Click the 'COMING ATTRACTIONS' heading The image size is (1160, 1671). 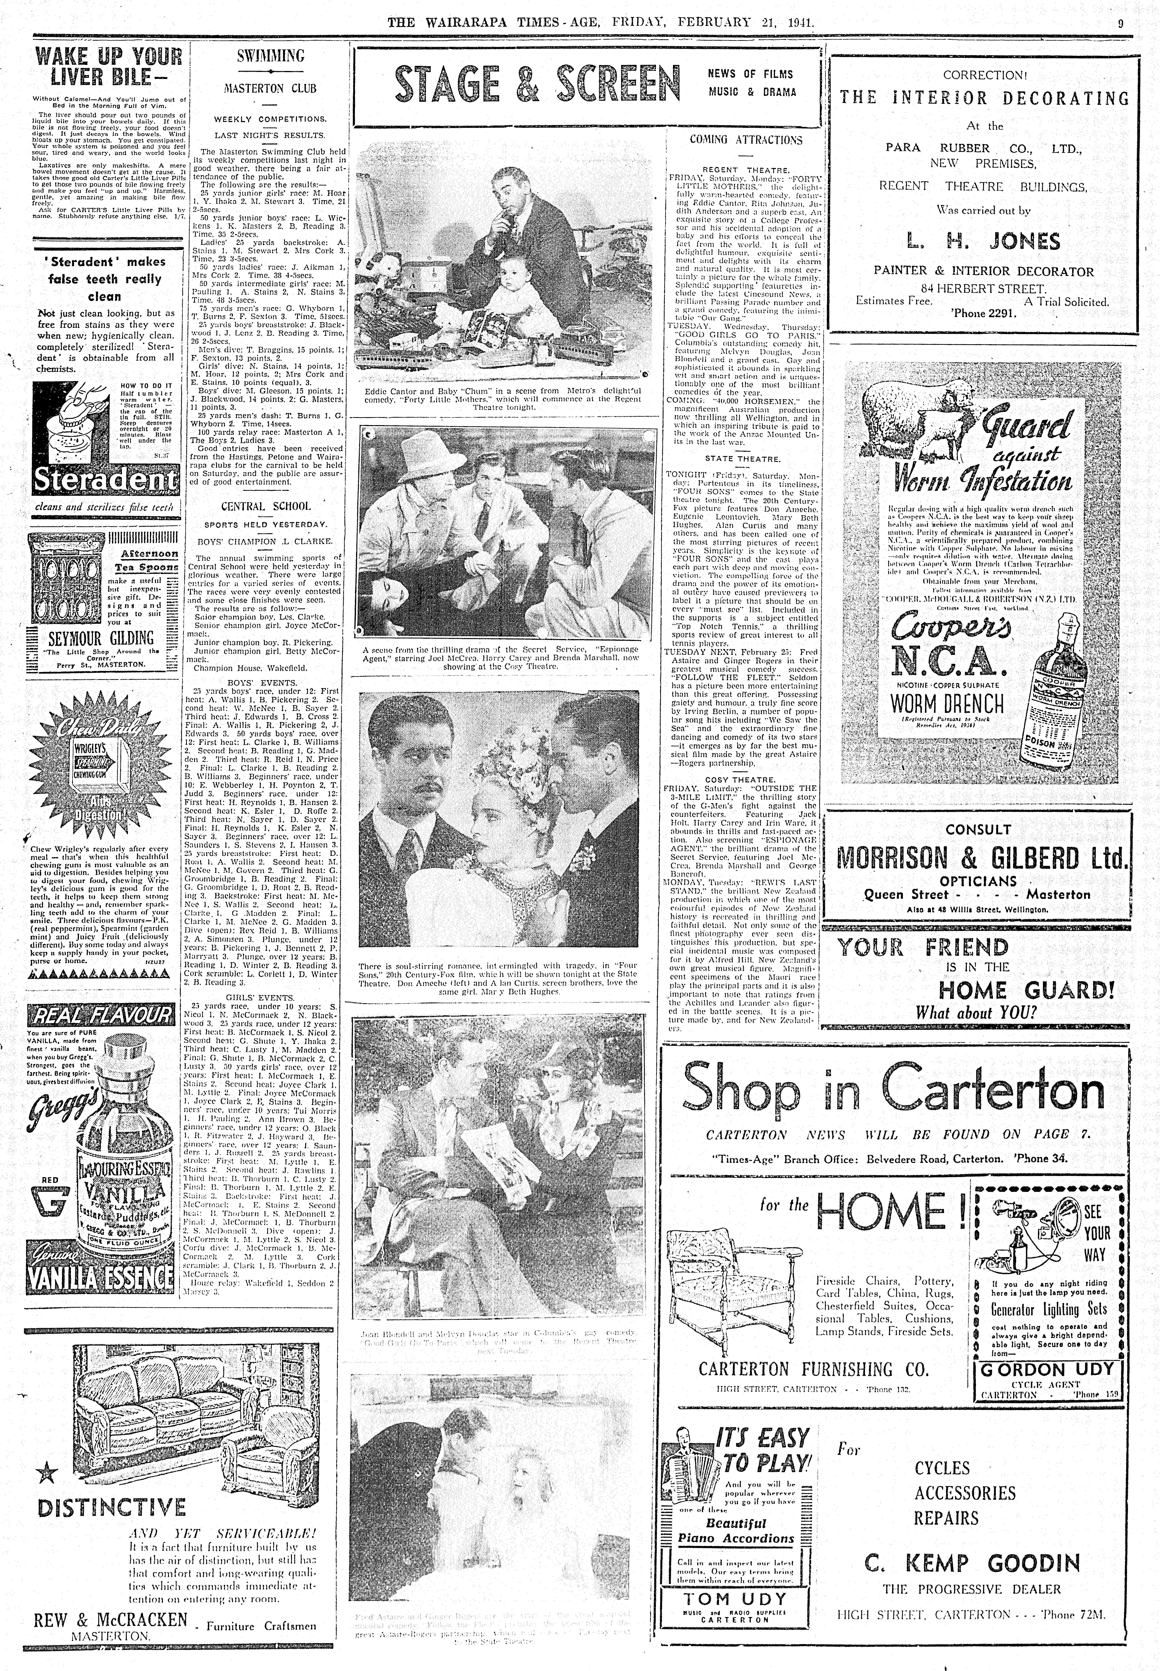coord(745,140)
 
